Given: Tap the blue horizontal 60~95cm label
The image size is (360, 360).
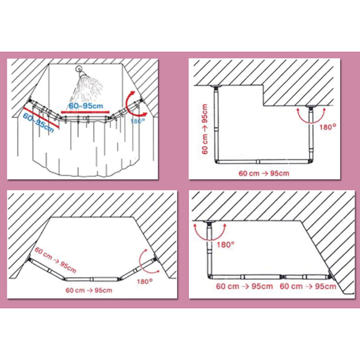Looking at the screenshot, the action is click(x=86, y=106).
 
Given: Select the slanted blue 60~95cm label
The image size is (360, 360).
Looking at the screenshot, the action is click(x=38, y=122).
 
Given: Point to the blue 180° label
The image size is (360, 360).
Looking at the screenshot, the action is click(x=137, y=121).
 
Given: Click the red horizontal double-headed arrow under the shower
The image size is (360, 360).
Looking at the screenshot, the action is click(x=85, y=112).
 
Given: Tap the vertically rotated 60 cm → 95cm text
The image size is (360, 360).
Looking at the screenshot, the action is click(x=205, y=129).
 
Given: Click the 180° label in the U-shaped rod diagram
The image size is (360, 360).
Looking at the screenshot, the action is click(x=328, y=127).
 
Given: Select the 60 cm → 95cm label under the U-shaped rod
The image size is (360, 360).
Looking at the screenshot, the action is click(x=264, y=173).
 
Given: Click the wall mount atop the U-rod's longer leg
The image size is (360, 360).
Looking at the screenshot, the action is click(x=216, y=87).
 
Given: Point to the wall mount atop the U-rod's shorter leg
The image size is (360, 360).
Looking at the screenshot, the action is click(x=311, y=107).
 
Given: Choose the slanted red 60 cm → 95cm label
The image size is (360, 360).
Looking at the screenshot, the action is click(x=55, y=260).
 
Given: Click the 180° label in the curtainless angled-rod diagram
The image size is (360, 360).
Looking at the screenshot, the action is click(x=145, y=281).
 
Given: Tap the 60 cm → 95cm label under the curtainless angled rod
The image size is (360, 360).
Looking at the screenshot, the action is click(x=89, y=290).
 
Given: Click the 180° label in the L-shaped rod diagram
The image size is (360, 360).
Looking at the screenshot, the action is click(x=226, y=245).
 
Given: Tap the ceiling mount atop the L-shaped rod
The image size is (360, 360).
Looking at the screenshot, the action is click(x=209, y=222).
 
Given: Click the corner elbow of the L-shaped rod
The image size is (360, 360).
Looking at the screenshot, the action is click(x=211, y=277).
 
